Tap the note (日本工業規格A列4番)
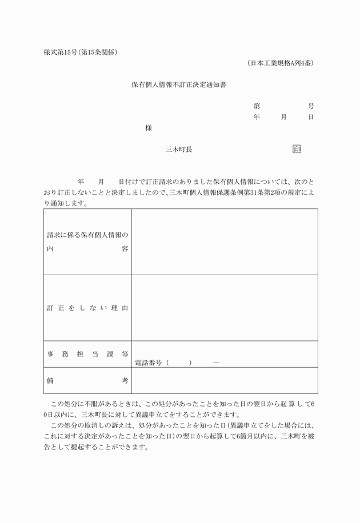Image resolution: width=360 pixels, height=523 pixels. coord(280,63)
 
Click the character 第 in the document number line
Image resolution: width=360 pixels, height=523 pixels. coord(257,106)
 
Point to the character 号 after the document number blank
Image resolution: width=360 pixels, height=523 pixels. coord(311,106)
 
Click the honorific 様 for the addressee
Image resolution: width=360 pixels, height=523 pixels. coord(149,128)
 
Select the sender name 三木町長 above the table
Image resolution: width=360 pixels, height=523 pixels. coord(179,149)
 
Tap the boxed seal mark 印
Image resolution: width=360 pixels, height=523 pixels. coord(297,149)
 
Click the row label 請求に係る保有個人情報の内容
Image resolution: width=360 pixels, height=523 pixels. coord(87,242)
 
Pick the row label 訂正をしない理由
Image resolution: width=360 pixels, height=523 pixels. coord(87,308)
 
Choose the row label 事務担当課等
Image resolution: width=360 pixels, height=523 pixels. coord(87,354)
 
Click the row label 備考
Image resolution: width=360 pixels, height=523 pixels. coord(87,380)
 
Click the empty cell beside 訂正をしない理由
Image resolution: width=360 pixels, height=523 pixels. coord(225,308)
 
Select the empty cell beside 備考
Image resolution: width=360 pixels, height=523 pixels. coord(225,380)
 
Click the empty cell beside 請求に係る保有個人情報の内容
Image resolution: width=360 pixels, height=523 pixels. coord(225,242)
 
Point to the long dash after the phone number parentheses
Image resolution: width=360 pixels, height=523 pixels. coord(216,362)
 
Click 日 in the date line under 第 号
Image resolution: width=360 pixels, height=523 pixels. coord(311,116)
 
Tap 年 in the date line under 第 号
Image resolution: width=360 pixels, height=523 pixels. coord(257,116)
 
